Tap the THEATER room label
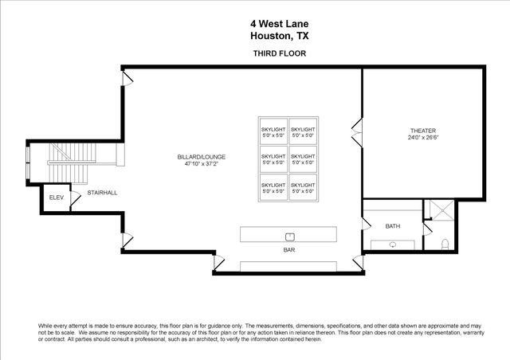422,130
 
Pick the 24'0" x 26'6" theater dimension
422,137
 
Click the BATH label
392,226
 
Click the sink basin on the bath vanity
393,244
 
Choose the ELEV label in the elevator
56,197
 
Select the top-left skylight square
273,131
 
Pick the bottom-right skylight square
302,187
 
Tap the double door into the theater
357,131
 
